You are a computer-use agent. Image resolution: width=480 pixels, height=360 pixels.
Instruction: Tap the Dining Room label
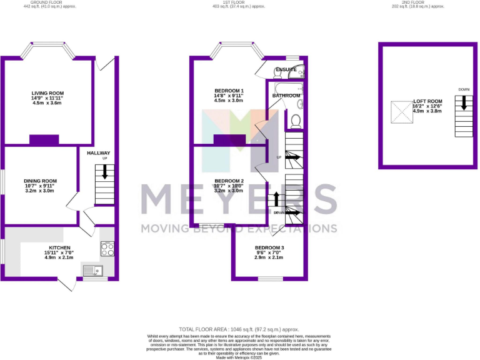pos(40,181)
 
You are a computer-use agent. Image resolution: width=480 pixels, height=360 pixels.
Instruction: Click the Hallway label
pos(98,153)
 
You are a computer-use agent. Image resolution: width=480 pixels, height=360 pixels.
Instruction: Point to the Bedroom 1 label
pos(228,90)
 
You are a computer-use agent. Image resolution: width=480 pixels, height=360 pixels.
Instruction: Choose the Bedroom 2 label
pos(229,181)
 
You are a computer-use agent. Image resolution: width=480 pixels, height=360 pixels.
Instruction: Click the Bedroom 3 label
pos(269,247)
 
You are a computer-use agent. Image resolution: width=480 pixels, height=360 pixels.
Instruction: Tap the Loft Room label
pos(427,101)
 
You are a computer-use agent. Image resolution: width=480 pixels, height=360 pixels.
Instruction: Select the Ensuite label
pos(286,69)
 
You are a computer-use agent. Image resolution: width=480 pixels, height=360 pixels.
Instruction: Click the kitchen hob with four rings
pos(107,249)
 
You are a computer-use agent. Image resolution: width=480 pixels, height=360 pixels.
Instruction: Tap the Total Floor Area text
pos(239,329)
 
